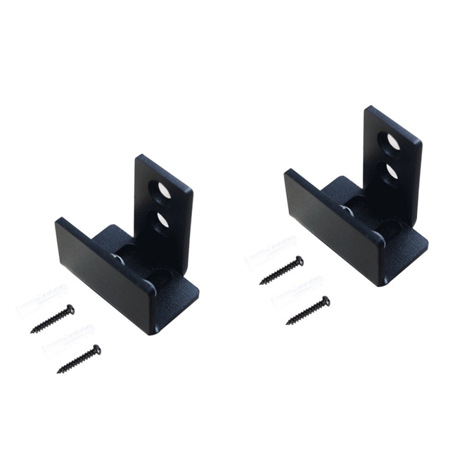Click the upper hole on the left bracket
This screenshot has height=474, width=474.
[x=162, y=190]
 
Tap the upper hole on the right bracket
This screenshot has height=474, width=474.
[x=391, y=140]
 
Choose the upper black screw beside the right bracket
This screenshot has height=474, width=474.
[x=282, y=270]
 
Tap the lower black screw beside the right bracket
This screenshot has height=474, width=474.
[x=308, y=310]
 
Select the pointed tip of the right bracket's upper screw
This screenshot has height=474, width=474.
[x=261, y=283]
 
